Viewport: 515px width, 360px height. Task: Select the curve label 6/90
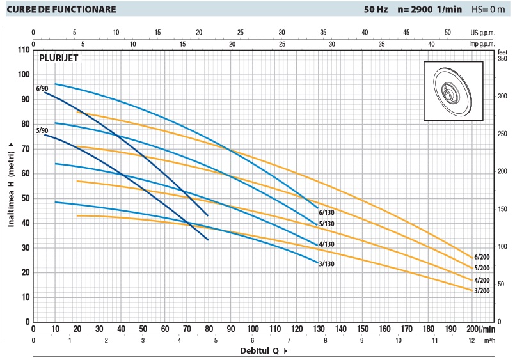(42, 88)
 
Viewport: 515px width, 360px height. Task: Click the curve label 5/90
(42, 130)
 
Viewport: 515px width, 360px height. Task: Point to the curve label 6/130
(327, 212)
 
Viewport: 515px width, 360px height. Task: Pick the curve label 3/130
(327, 263)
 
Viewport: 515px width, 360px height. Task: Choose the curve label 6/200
(482, 257)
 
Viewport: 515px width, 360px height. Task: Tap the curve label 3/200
(482, 290)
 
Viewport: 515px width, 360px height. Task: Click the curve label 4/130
(327, 244)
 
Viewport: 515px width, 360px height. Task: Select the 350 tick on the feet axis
(502, 58)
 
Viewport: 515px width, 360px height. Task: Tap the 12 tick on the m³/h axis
(471, 341)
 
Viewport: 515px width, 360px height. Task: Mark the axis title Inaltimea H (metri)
(11, 185)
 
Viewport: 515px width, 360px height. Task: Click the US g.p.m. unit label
(483, 31)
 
